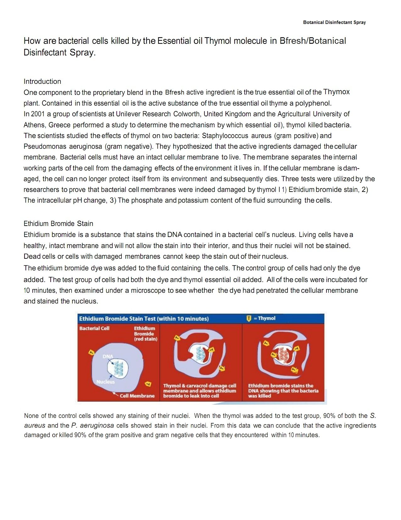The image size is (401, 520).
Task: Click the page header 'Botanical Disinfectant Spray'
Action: (x=334, y=22)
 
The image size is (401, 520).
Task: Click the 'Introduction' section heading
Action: (x=42, y=81)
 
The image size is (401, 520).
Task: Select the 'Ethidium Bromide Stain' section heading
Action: (x=58, y=223)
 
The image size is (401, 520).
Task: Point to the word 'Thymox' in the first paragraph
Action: (x=336, y=92)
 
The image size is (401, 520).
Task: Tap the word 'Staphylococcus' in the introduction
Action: (x=225, y=136)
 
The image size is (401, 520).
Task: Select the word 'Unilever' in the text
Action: (x=129, y=114)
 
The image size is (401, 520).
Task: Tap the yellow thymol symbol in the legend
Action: (x=249, y=319)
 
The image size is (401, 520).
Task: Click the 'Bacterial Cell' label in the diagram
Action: (x=94, y=328)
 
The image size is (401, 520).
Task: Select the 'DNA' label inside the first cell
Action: (x=108, y=356)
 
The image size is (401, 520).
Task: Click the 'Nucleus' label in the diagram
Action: (x=105, y=382)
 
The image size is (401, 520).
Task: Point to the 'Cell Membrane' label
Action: (x=137, y=396)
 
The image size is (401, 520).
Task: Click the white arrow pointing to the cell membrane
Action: (x=115, y=394)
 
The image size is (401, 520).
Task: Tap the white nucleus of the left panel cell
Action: (x=118, y=368)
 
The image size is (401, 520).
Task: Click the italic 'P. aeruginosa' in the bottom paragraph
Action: (x=93, y=425)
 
